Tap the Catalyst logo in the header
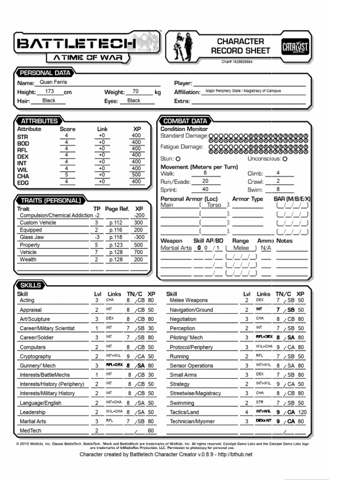point(294,47)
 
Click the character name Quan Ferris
point(53,82)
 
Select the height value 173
point(50,91)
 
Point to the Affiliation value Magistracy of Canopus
point(243,91)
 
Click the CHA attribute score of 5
point(67,175)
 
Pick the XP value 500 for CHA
point(136,175)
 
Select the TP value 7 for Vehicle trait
point(97,252)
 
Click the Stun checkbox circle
point(178,159)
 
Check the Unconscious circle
point(285,159)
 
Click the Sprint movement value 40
point(205,189)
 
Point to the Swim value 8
point(278,189)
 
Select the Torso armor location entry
point(214,205)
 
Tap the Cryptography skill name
point(36,356)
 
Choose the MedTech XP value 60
point(150,431)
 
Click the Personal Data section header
point(45,73)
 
